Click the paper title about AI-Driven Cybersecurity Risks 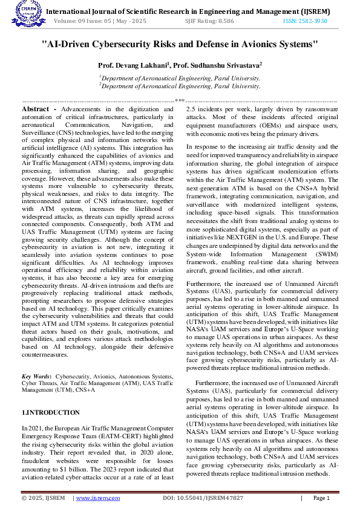(180, 44)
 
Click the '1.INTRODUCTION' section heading (50, 412)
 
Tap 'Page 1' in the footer (321, 498)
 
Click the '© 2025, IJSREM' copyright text (43, 498)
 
